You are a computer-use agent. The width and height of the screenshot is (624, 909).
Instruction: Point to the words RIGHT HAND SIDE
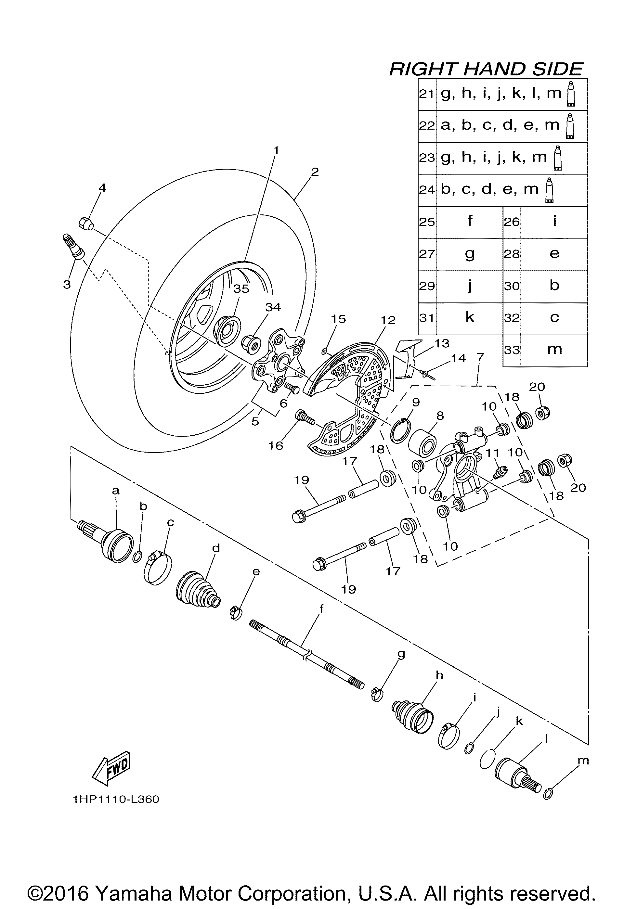click(486, 69)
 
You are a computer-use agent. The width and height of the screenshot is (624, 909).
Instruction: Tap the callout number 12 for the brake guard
click(388, 320)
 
